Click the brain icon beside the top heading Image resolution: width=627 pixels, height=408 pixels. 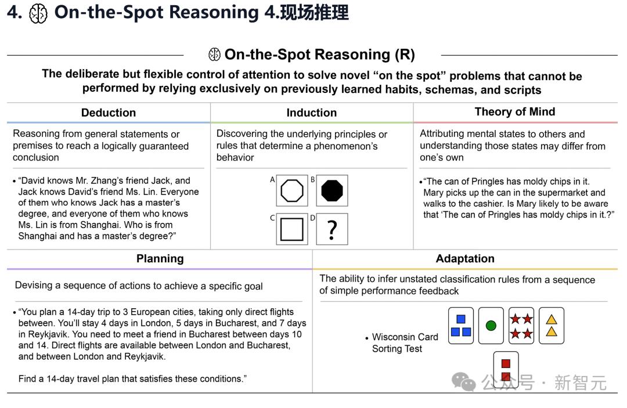pyautogui.click(x=38, y=13)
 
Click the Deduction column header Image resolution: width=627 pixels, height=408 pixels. pyautogui.click(x=109, y=113)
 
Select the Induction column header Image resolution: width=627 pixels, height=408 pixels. pyautogui.click(x=312, y=113)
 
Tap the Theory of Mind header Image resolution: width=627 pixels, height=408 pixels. pyautogui.click(x=514, y=112)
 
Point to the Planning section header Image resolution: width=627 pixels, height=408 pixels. pyautogui.click(x=160, y=259)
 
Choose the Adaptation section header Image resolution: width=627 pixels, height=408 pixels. pyautogui.click(x=465, y=258)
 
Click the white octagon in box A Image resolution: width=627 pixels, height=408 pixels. pyautogui.click(x=292, y=190)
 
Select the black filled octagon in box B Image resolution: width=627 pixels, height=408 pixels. pyautogui.click(x=332, y=190)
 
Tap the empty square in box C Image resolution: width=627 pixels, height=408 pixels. pyautogui.click(x=292, y=229)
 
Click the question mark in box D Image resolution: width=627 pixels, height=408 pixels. pyautogui.click(x=332, y=230)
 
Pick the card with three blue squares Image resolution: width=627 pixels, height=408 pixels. pyautogui.click(x=460, y=326)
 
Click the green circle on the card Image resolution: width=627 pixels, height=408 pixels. pyautogui.click(x=491, y=326)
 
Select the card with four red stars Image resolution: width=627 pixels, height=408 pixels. pyautogui.click(x=521, y=326)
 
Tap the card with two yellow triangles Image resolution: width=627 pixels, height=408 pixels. pyautogui.click(x=552, y=326)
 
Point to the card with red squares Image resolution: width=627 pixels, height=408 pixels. pyautogui.click(x=506, y=370)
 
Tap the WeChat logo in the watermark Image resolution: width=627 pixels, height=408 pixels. pyautogui.click(x=463, y=382)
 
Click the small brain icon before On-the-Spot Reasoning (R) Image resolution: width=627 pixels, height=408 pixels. pyautogui.click(x=214, y=55)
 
